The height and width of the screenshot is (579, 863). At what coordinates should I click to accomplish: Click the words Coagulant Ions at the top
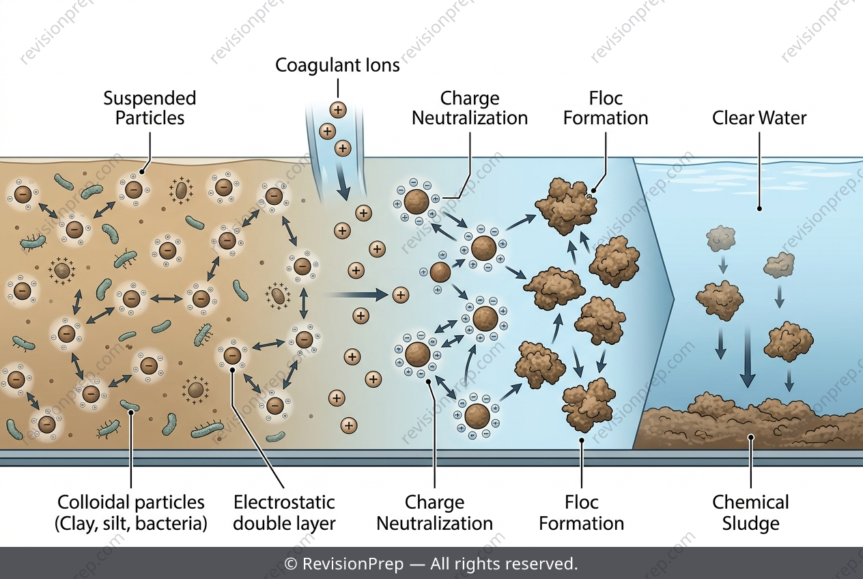pos(337,65)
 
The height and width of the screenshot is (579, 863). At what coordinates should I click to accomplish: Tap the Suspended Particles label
pos(150,108)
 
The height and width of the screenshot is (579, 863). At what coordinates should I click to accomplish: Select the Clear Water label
pos(759,118)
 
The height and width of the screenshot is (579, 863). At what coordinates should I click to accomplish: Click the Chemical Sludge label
pos(750,513)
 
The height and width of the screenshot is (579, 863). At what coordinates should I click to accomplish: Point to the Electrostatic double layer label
pos(284,513)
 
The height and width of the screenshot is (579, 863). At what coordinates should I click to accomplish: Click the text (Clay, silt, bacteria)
pos(131,524)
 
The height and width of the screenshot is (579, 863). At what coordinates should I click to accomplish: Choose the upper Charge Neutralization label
pos(470,108)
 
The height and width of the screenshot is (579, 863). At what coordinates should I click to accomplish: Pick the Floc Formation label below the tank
pos(582,513)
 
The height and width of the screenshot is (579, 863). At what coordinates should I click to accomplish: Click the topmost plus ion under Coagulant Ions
pos(338,110)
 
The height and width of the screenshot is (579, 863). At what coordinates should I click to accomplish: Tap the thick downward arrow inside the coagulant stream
pos(343,181)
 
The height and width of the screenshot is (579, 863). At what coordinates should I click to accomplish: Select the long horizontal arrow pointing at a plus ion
pos(356,295)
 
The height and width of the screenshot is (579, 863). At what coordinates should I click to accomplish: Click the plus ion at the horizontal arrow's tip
pos(401,295)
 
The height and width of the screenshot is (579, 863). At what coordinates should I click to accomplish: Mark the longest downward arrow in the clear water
pos(748,356)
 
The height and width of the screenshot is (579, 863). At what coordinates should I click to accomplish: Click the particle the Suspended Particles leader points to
pos(134,189)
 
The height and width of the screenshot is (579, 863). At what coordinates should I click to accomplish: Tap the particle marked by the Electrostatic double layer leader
pos(232,355)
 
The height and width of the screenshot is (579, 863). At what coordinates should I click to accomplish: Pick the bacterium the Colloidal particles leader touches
pos(130,406)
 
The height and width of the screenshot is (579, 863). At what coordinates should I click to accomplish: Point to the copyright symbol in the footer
pos(290,564)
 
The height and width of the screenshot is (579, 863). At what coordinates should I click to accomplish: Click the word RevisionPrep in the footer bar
pos(353,564)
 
